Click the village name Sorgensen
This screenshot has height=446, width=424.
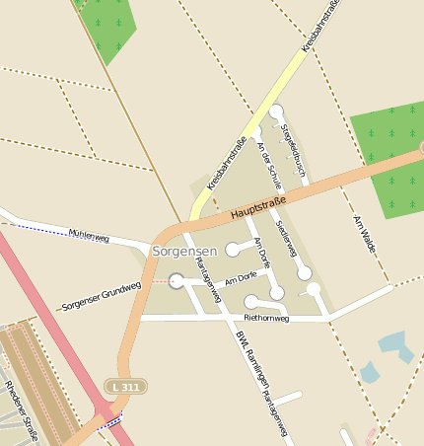pos(184,253)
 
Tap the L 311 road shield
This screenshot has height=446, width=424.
pos(126,385)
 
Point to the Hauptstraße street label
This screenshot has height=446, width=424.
pos(257,208)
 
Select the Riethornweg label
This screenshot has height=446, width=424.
pos(265,319)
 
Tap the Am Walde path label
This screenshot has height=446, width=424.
pos(364,234)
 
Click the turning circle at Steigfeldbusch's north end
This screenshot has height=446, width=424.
pos(276,112)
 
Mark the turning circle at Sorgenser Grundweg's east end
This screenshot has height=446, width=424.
pos(177,281)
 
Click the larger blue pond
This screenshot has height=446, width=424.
pos(396,344)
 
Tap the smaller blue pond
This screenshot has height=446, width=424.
pos(370,372)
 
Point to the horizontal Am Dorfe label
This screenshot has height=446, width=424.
pos(240,281)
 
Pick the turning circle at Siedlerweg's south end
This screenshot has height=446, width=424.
pos(306,272)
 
